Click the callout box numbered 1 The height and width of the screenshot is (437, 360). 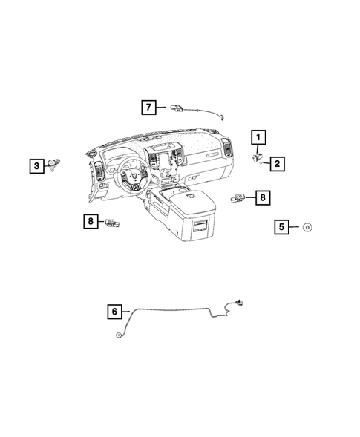pyautogui.click(x=258, y=137)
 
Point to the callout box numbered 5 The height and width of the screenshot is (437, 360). pyautogui.click(x=283, y=228)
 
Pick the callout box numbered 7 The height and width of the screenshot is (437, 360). pyautogui.click(x=149, y=108)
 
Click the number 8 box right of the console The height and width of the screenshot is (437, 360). pyautogui.click(x=261, y=197)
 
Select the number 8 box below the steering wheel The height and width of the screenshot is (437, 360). pyautogui.click(x=90, y=220)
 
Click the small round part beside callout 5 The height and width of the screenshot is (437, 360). pyautogui.click(x=307, y=228)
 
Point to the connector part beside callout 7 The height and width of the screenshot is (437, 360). pyautogui.click(x=177, y=108)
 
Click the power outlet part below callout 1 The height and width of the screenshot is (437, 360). pyautogui.click(x=258, y=157)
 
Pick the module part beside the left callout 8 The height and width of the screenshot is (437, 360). pyautogui.click(x=113, y=221)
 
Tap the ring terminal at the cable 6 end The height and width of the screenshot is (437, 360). pyautogui.click(x=117, y=336)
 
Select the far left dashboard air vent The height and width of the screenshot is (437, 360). pyautogui.click(x=96, y=174)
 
